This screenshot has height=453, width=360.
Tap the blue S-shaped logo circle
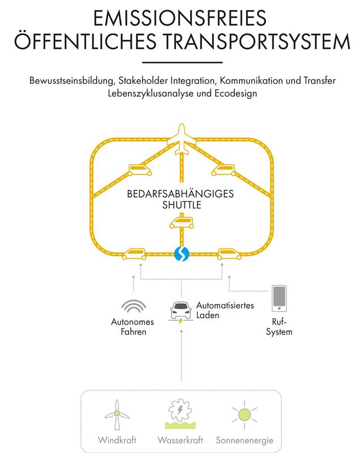(181, 254)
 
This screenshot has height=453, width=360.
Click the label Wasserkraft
(180, 440)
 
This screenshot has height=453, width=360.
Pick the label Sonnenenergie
(244, 440)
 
